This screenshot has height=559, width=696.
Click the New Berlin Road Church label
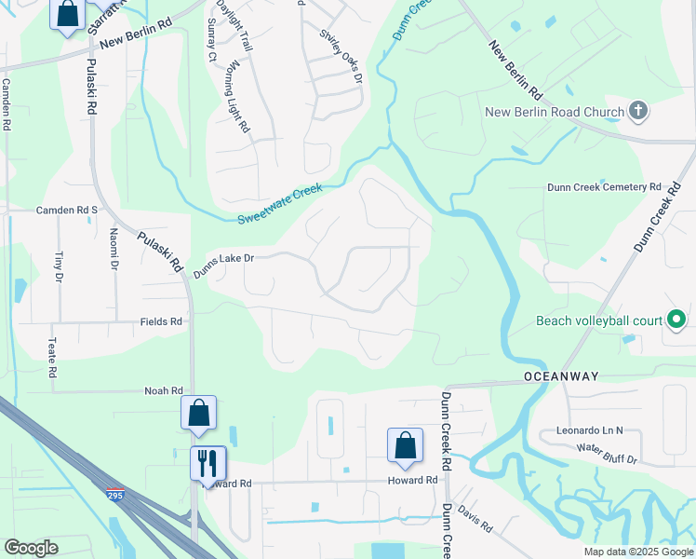(x=554, y=113)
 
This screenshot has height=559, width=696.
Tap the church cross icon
(x=637, y=112)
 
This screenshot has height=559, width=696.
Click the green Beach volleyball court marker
(x=677, y=321)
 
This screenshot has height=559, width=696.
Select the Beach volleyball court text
(x=599, y=321)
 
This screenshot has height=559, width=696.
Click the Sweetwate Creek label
(x=279, y=204)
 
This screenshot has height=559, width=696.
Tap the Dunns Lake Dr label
(x=223, y=265)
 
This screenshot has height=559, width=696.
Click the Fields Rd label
(x=161, y=321)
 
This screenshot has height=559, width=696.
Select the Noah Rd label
(x=164, y=391)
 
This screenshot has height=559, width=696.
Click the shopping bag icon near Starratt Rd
(x=68, y=15)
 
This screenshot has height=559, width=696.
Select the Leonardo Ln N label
(x=589, y=431)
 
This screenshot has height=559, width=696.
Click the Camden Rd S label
(x=67, y=211)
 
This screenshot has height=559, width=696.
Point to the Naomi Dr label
(x=114, y=249)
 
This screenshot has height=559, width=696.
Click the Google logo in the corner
(x=31, y=548)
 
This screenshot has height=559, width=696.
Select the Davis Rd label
(x=475, y=520)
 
